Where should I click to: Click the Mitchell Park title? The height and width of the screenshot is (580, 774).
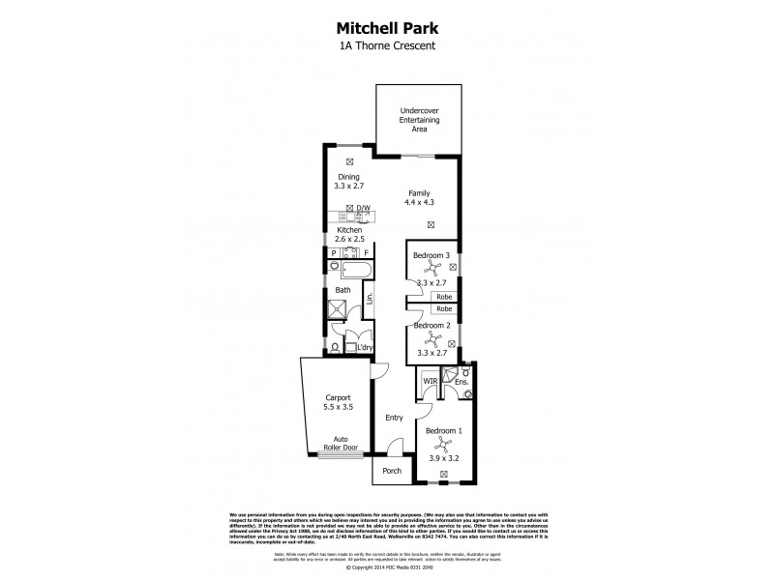[386, 29]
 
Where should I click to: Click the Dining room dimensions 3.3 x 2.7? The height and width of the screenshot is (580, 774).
[347, 185]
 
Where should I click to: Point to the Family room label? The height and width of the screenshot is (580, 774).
[419, 193]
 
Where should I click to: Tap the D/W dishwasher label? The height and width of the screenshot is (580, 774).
[364, 209]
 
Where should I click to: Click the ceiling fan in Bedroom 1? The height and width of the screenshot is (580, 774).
[443, 444]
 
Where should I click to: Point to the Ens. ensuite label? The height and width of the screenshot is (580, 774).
[461, 383]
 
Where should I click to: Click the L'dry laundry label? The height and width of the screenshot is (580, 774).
[365, 347]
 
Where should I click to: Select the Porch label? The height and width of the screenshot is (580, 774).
[392, 471]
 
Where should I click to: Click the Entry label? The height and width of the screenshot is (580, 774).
[394, 418]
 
